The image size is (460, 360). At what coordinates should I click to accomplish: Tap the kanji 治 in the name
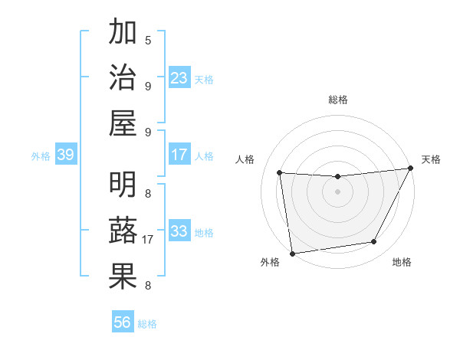[123, 77]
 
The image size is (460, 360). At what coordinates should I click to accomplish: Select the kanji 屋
[123, 123]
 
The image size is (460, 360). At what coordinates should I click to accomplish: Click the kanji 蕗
[123, 232]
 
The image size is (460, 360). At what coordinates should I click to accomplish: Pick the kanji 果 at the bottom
[123, 277]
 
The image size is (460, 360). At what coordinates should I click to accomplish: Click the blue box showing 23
[179, 78]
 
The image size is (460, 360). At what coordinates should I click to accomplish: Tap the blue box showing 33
[179, 231]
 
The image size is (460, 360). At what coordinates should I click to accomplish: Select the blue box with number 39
[65, 155]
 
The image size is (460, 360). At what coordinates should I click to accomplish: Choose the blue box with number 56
[123, 322]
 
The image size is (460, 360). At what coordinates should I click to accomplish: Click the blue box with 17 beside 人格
[179, 155]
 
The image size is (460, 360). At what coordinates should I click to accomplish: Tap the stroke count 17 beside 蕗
[148, 240]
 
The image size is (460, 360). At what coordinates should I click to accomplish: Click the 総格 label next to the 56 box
[147, 324]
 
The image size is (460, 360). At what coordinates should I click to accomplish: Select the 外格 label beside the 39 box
[41, 156]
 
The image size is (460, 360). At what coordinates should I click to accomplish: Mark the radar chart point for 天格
[412, 169]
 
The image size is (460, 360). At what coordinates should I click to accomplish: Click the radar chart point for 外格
[292, 253]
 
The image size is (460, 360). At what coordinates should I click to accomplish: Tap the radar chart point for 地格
[374, 242]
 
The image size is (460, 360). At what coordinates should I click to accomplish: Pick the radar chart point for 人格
[280, 173]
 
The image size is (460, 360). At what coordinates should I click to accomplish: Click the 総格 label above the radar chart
[338, 100]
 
